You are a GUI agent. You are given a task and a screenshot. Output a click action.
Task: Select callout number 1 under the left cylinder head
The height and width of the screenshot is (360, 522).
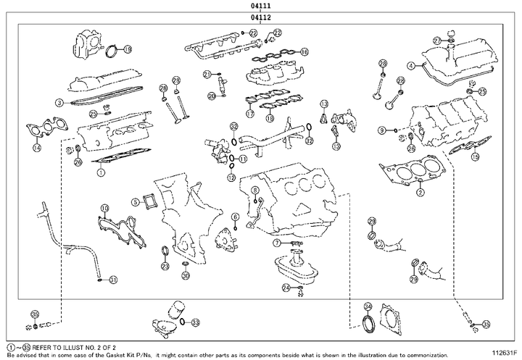click(101, 172)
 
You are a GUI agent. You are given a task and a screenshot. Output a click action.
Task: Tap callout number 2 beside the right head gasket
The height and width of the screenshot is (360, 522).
click(420, 192)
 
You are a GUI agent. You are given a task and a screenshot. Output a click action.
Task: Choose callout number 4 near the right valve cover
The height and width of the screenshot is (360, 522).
click(411, 66)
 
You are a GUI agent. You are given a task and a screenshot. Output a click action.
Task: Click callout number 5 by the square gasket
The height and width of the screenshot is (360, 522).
click(136, 201)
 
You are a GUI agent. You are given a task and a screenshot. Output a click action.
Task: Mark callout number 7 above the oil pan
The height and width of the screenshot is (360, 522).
click(277, 243)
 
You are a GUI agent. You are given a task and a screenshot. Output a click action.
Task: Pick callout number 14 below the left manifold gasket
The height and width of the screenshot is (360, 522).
click(36, 148)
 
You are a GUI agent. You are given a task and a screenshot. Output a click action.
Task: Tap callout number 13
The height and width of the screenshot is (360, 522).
click(336, 146)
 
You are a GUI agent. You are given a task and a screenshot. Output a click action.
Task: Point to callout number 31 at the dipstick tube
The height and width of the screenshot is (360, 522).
click(112, 279)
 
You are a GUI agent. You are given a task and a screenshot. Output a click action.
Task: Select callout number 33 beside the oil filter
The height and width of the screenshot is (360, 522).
click(195, 322)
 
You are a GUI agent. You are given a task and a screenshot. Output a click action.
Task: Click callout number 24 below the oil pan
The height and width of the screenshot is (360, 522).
click(286, 288)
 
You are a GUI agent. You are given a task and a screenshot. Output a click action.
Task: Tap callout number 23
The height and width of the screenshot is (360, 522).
click(165, 267)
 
